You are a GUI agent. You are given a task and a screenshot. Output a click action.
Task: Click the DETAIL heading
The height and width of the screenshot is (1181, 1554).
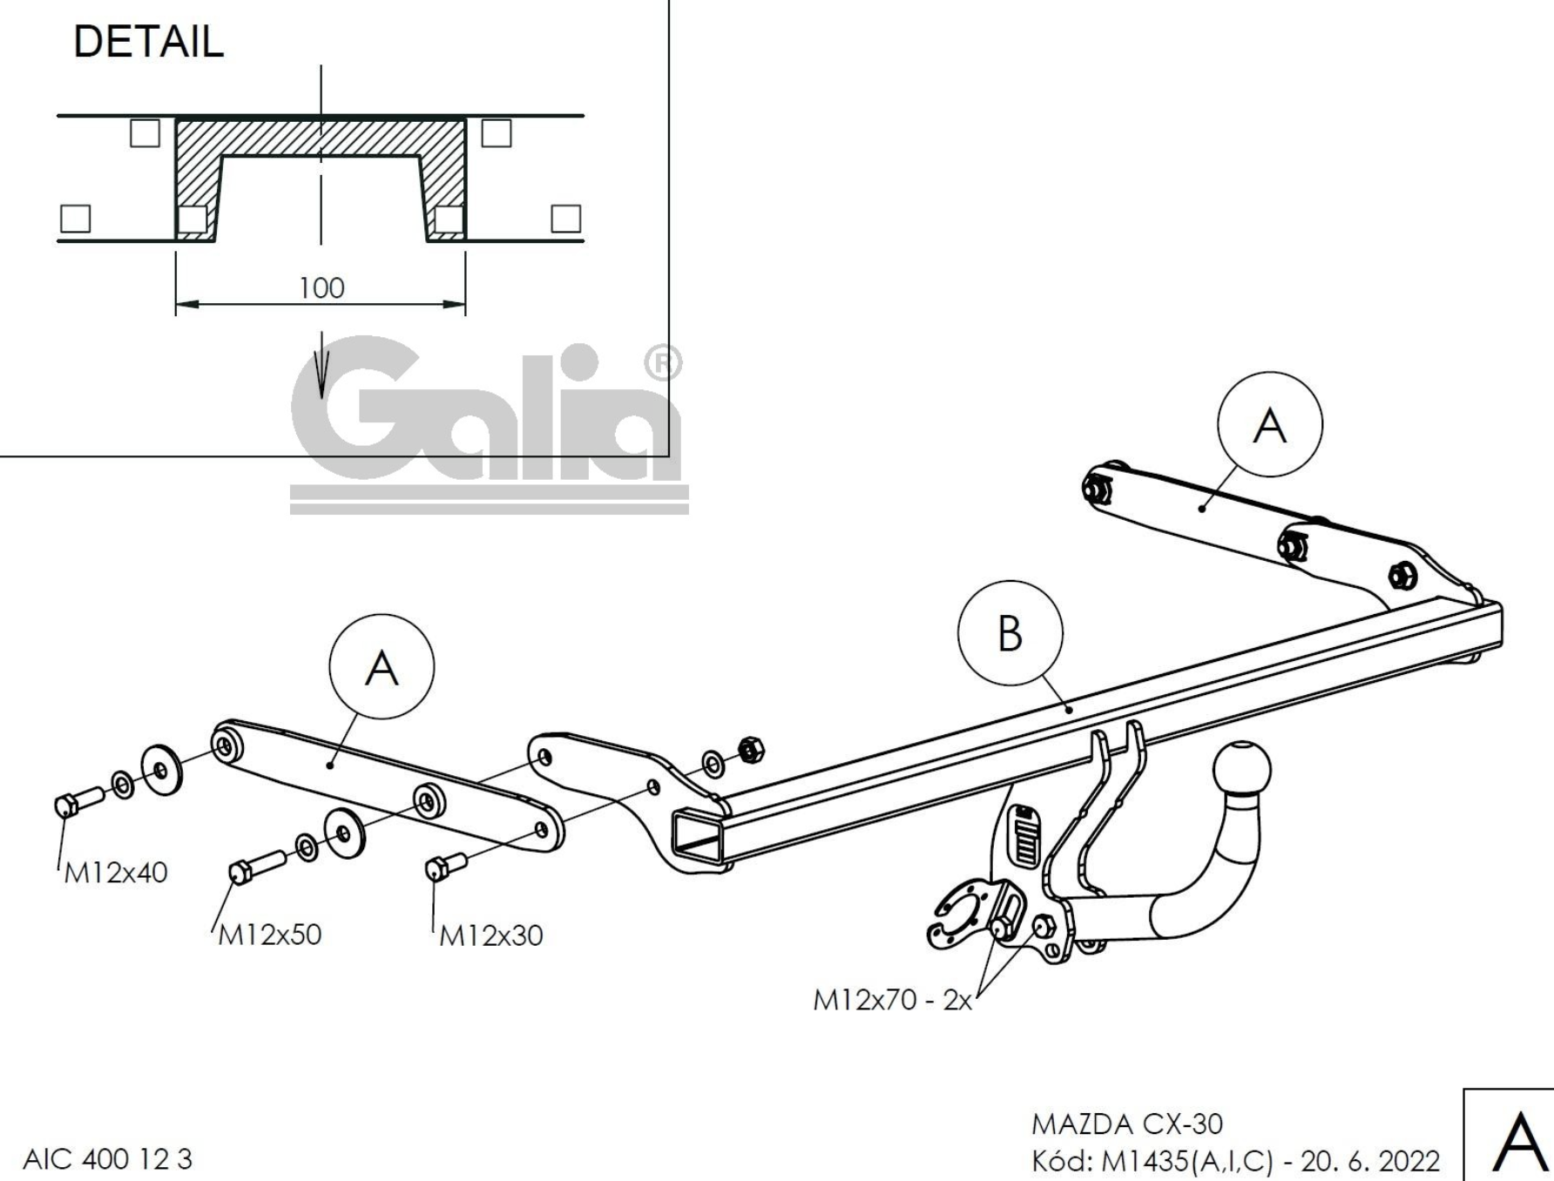[148, 42]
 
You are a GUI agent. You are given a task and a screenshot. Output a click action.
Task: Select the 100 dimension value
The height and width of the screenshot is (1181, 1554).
[321, 287]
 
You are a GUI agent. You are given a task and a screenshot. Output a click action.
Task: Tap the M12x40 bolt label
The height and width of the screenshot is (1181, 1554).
[116, 872]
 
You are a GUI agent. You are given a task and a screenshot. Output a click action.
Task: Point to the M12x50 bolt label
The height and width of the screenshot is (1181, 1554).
[269, 935]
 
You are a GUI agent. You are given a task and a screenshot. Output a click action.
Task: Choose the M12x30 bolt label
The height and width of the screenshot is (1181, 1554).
[490, 935]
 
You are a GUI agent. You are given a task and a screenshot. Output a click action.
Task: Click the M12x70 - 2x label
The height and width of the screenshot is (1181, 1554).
[892, 1000]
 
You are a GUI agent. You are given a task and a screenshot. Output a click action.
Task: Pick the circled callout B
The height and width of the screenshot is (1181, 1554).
[1010, 633]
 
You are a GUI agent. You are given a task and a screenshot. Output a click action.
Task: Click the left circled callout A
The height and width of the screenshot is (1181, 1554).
[382, 669]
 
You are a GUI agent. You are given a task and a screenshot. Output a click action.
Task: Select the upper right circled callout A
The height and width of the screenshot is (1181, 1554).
[1269, 424]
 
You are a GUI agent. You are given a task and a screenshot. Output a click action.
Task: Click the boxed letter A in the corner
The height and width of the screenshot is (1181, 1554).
[1518, 1141]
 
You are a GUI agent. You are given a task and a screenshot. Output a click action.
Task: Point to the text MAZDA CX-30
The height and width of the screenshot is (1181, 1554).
[1127, 1124]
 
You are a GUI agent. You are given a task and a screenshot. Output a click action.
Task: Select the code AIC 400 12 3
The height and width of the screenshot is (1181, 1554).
[107, 1159]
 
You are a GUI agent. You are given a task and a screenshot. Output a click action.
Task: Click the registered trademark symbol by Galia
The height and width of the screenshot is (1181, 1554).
[663, 364]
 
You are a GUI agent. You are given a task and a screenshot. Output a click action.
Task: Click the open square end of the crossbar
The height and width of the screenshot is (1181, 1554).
[698, 837]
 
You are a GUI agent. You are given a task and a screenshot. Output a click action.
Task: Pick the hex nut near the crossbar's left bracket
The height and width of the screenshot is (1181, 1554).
[750, 748]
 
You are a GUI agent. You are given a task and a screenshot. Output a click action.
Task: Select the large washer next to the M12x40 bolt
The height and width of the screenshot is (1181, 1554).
[161, 769]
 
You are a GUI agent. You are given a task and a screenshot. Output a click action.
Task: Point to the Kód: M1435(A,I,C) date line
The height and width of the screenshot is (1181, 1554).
[1235, 1160]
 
